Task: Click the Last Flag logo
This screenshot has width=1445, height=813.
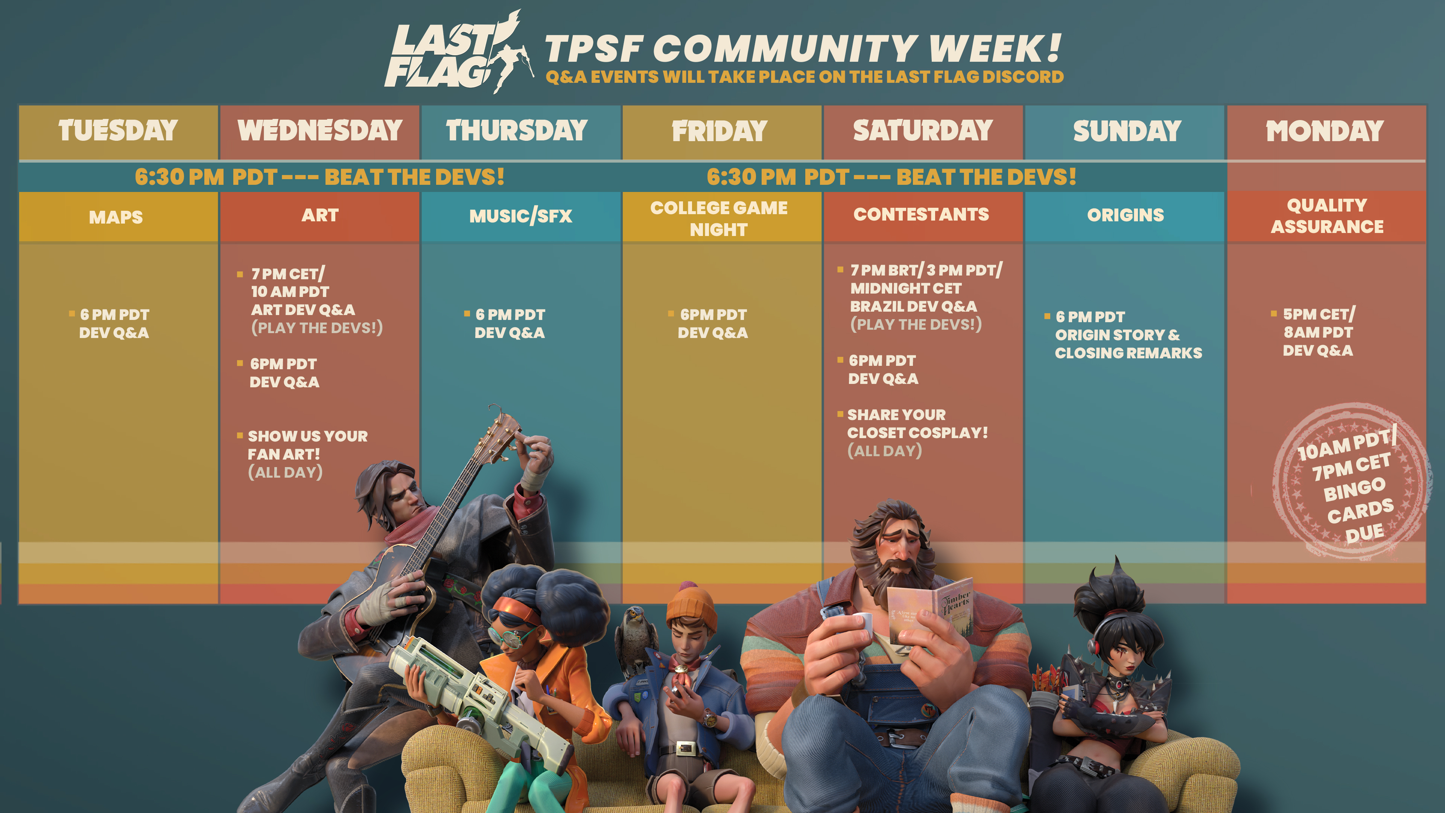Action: click(x=458, y=53)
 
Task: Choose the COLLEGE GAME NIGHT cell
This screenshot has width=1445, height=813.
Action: click(x=720, y=218)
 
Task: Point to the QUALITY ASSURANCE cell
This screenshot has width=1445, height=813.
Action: click(x=1326, y=216)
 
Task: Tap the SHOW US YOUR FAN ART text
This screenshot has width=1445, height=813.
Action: click(x=307, y=445)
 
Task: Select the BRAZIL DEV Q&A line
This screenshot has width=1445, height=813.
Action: click(x=913, y=306)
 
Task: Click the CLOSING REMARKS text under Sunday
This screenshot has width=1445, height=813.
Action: click(x=1128, y=353)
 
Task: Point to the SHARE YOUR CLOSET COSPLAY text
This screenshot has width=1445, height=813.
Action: click(x=917, y=423)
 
